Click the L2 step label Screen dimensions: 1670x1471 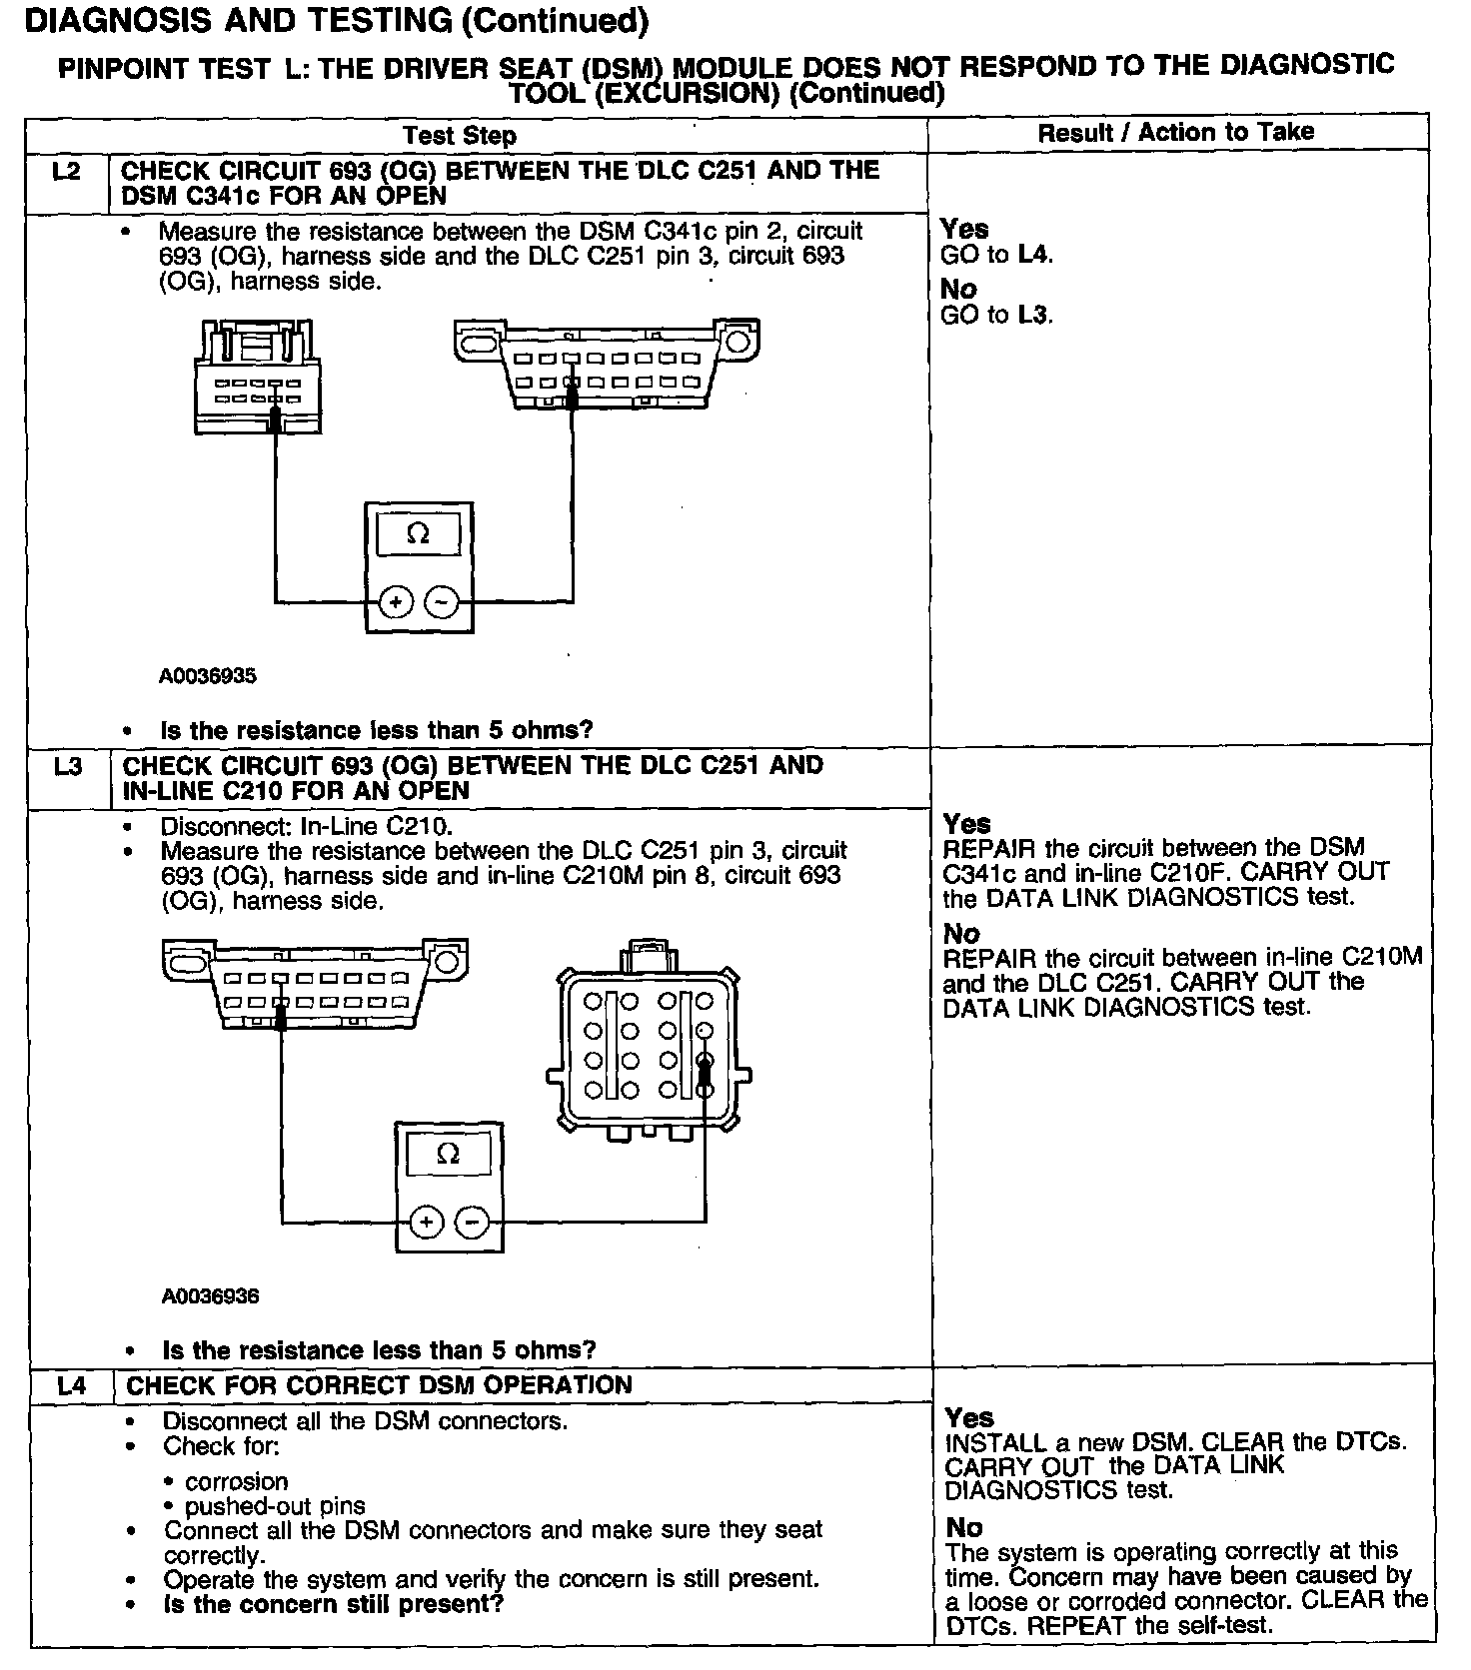click(x=66, y=172)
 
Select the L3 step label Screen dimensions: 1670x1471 click(x=68, y=767)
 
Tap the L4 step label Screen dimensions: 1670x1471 click(x=71, y=1386)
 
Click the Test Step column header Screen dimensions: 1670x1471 click(x=460, y=136)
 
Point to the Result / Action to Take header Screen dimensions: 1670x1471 click(x=1176, y=132)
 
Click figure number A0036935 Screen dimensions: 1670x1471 click(x=208, y=676)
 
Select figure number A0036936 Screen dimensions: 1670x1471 click(x=210, y=1296)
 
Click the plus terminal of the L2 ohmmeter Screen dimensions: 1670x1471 click(x=396, y=602)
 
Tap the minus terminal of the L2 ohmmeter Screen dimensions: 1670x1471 click(x=442, y=602)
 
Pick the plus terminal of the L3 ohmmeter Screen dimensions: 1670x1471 click(x=426, y=1222)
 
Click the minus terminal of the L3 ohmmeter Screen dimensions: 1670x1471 click(x=472, y=1222)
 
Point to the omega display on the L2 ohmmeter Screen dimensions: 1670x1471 click(x=419, y=534)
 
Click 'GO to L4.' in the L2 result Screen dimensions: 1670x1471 click(x=996, y=255)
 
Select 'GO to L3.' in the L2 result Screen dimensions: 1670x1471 click(x=996, y=315)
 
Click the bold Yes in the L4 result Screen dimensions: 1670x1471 click(x=968, y=1418)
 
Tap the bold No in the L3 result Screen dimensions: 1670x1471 click(x=961, y=934)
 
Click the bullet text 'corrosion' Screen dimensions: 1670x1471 click(x=236, y=1481)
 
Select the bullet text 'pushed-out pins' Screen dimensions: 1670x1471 click(x=275, y=1506)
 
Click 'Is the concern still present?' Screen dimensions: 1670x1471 click(x=333, y=1604)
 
